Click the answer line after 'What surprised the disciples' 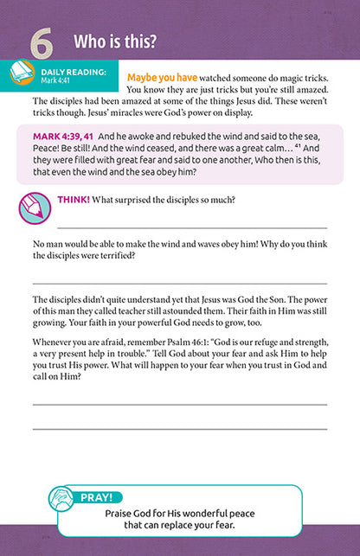[x=190, y=225]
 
